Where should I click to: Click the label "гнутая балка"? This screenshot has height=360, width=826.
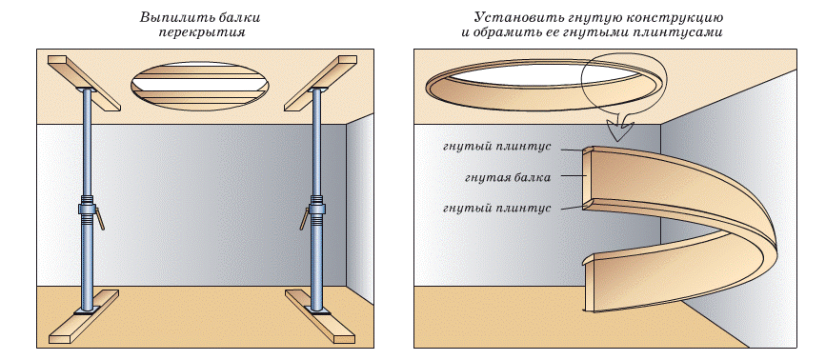click(508, 178)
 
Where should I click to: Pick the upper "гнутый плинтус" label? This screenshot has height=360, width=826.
click(497, 147)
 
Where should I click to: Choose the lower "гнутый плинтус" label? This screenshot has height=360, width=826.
click(497, 209)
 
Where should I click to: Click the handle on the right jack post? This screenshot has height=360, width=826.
click(305, 218)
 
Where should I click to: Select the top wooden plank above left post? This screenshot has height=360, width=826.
click(84, 83)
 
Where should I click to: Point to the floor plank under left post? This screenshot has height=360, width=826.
click(84, 316)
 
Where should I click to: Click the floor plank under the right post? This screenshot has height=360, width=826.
click(320, 316)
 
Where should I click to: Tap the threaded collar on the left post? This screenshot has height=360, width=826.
click(87, 209)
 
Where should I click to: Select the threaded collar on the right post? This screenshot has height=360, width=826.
click(316, 209)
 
